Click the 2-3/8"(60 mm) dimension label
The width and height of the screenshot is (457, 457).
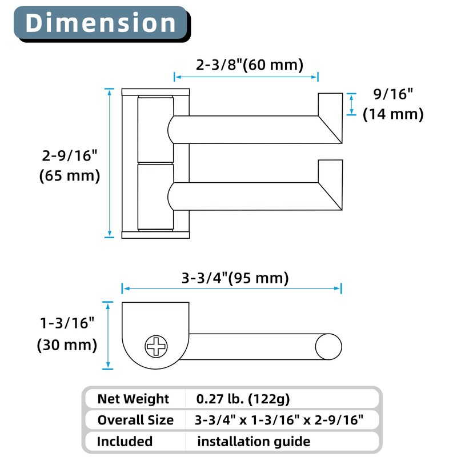pyautogui.click(x=250, y=65)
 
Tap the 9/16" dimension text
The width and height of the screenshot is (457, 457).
pyautogui.click(x=393, y=94)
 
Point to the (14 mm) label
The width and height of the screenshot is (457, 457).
pyautogui.click(x=393, y=114)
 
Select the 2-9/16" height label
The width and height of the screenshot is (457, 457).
pyautogui.click(x=69, y=155)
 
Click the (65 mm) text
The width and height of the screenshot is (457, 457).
pyautogui.click(x=69, y=176)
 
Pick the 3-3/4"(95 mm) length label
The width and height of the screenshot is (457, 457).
pyautogui.click(x=235, y=278)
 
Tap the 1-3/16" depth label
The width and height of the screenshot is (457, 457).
pyautogui.click(x=67, y=323)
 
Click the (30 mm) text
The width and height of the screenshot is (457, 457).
pyautogui.click(x=67, y=345)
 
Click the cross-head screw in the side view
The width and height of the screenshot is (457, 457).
pyautogui.click(x=156, y=347)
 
